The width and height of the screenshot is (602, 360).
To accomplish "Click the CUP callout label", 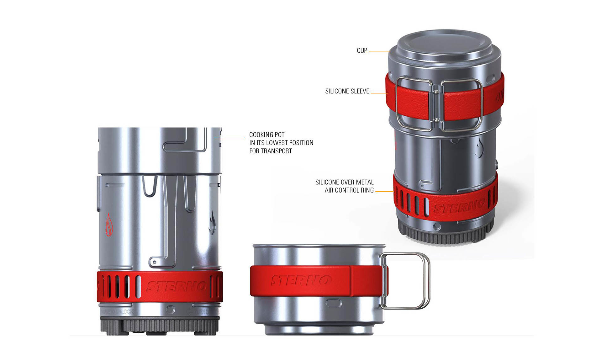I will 362,50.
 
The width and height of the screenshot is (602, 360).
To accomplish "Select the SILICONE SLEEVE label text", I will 347,91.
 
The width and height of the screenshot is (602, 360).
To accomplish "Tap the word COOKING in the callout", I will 260,135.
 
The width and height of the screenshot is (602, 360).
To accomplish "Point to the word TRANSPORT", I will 276,151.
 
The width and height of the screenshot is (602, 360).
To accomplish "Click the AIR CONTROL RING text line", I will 349,190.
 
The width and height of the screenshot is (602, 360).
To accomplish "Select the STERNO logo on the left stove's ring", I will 176,286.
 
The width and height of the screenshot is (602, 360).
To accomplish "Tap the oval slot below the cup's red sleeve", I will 334,303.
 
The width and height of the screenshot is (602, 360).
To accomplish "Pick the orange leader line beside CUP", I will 379,52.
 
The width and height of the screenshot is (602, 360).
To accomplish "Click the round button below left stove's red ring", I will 171,310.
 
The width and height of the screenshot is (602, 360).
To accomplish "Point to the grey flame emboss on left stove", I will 213,223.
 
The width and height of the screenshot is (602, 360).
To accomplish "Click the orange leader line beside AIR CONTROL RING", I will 384,191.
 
